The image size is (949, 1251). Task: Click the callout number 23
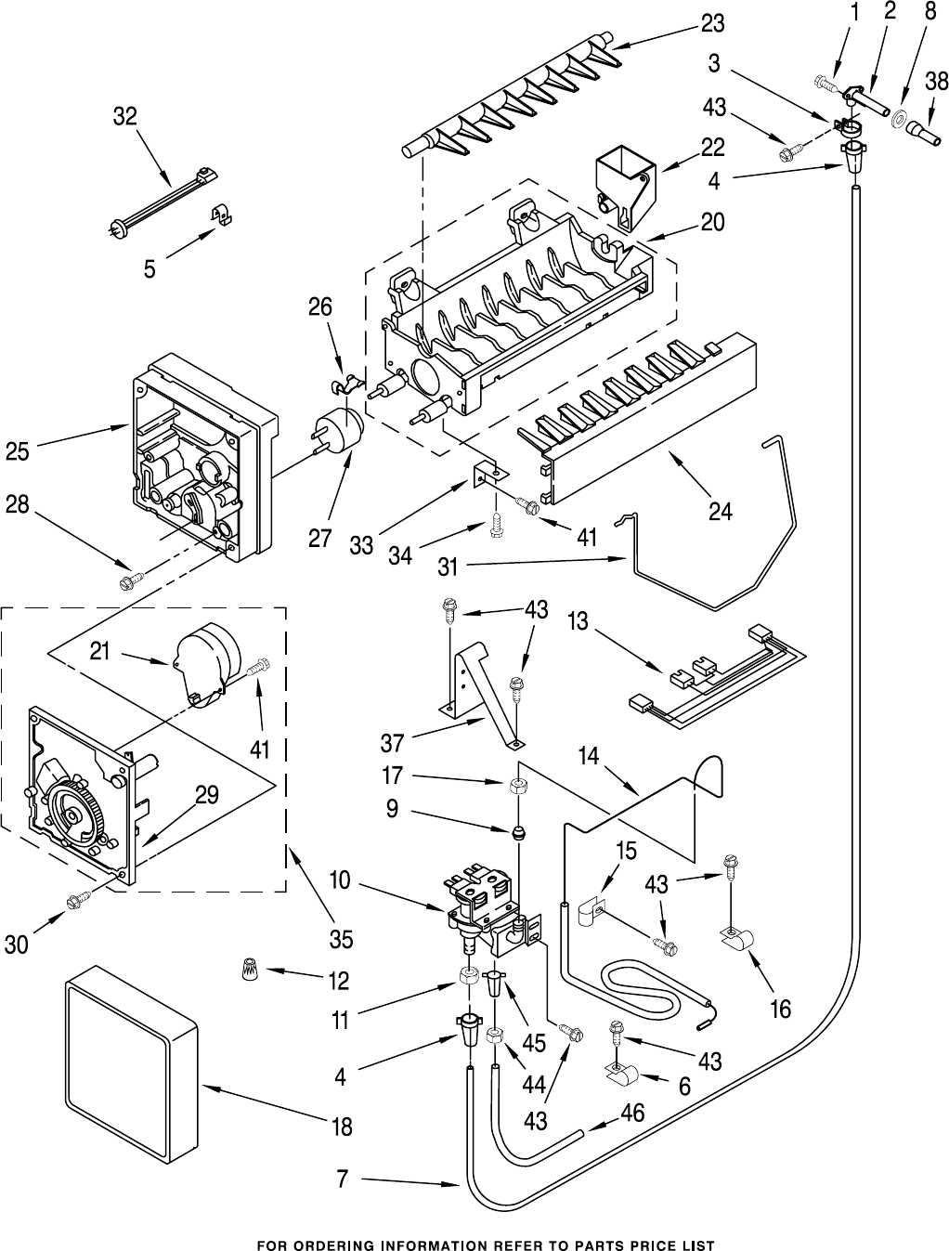click(713, 23)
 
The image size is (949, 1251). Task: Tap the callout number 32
click(124, 116)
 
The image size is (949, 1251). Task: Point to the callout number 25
click(18, 451)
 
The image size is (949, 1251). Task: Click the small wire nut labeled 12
click(247, 972)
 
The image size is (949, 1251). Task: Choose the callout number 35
click(341, 939)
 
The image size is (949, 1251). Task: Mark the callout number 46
click(634, 1113)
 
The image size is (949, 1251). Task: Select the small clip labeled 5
click(221, 215)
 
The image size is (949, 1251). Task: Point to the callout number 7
click(341, 1179)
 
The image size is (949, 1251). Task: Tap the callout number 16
click(780, 1008)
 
